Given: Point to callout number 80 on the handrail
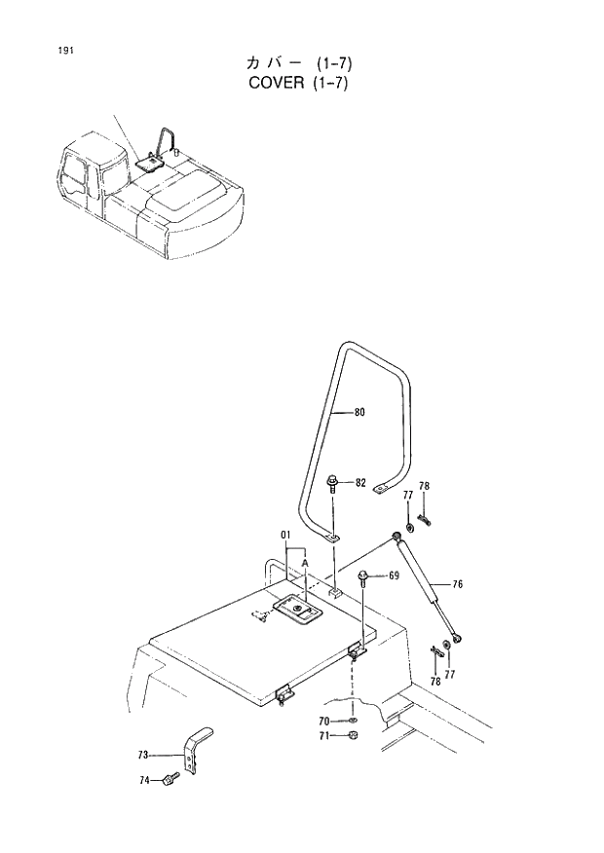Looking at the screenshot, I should [359, 412].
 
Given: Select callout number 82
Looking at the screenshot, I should [360, 483].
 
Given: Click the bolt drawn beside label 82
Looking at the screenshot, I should [333, 484].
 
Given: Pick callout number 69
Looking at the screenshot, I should [393, 576].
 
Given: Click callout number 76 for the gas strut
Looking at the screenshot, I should [457, 584].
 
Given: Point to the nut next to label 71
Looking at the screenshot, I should [354, 736].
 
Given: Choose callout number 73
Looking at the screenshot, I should [142, 755].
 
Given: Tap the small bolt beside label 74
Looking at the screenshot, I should [172, 778].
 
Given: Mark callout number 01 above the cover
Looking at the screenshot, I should [286, 535].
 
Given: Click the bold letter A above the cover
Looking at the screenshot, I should [305, 563].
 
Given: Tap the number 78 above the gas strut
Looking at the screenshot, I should [424, 486].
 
